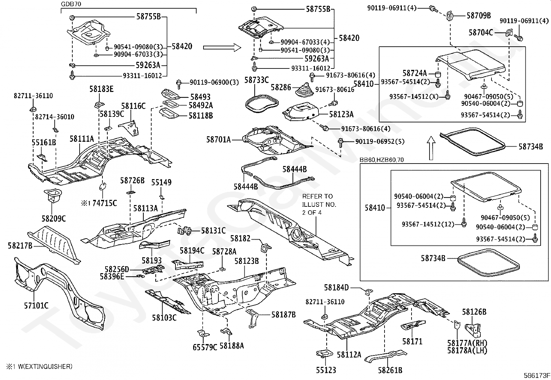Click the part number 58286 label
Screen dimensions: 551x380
pyautogui.click(x=281, y=87)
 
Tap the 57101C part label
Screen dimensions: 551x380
pyautogui.click(x=36, y=306)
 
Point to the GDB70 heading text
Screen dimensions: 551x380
pyautogui.click(x=71, y=4)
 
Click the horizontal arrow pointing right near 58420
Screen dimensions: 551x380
pyautogui.click(x=222, y=47)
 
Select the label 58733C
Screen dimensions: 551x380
pyautogui.click(x=256, y=80)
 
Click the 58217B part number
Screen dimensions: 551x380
pyautogui.click(x=20, y=245)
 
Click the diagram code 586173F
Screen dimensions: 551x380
pyautogui.click(x=537, y=375)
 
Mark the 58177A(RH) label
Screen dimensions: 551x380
pyautogui.click(x=467, y=343)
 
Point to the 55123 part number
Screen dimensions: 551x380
pyautogui.click(x=326, y=370)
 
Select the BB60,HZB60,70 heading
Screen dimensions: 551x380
pyautogui.click(x=381, y=160)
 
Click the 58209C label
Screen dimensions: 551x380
pyautogui.click(x=54, y=218)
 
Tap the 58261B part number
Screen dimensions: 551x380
pyautogui.click(x=390, y=370)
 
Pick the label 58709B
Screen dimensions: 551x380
pyautogui.click(x=479, y=16)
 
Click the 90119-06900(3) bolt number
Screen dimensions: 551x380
pyautogui.click(x=214, y=82)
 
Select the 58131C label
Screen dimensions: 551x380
pyautogui.click(x=213, y=230)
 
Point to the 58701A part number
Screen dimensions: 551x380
pyautogui.click(x=218, y=140)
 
